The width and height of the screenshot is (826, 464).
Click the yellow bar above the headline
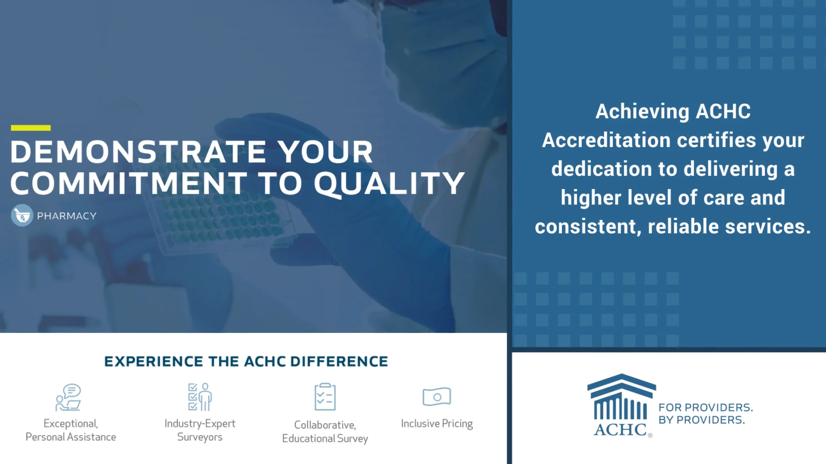click(x=31, y=128)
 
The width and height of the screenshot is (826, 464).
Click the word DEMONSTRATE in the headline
click(x=138, y=152)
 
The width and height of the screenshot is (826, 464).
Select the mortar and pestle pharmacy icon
click(x=22, y=216)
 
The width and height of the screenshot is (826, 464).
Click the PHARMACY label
click(x=67, y=216)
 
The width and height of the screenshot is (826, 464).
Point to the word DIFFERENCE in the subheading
click(x=339, y=362)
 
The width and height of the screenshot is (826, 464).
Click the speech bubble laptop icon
click(x=69, y=397)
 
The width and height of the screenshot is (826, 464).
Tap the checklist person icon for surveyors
click(x=200, y=397)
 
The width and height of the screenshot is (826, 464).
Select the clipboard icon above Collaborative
click(x=325, y=397)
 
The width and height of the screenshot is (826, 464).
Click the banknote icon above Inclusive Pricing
click(x=437, y=397)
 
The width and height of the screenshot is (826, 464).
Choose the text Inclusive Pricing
click(x=437, y=424)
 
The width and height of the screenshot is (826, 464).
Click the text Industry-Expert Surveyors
click(x=200, y=430)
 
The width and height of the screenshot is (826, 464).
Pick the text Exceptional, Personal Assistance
click(x=71, y=430)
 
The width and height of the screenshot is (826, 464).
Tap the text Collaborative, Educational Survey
click(x=325, y=431)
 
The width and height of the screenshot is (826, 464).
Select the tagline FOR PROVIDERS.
click(x=706, y=407)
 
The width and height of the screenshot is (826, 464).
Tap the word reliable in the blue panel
click(x=683, y=227)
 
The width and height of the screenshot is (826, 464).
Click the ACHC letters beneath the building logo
click(x=620, y=430)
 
